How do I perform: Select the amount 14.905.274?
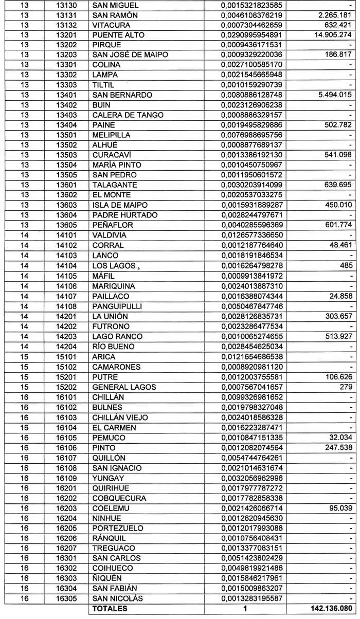coord(334,35)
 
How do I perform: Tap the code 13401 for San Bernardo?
coord(67,95)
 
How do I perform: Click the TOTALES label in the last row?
coord(110,609)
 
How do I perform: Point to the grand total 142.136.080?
coord(330,609)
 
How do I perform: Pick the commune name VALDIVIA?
coord(110,235)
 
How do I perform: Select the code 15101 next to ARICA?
coord(67,356)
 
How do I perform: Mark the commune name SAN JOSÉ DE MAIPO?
coord(127,55)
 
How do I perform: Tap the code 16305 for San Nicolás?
coord(67,598)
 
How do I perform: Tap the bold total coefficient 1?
coord(245,609)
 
